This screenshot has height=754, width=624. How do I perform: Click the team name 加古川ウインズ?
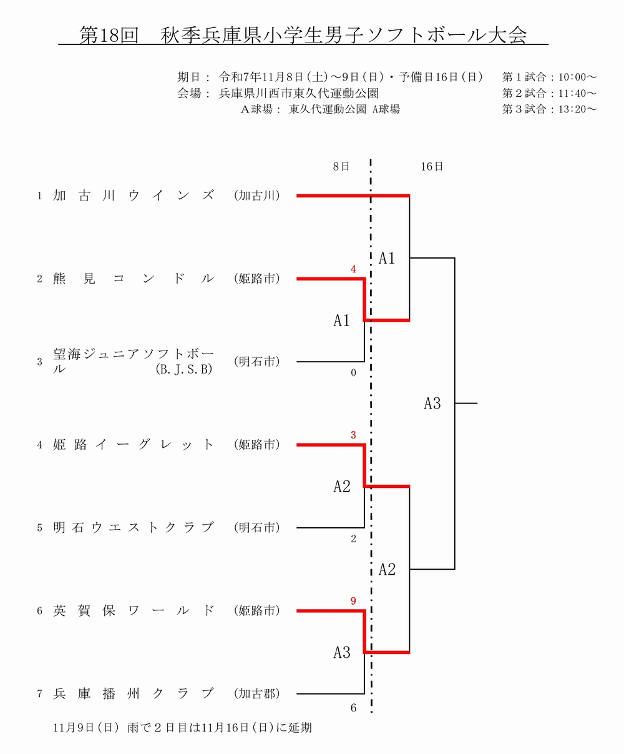pos(134,196)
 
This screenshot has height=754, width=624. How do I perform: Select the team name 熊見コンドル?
pos(134,279)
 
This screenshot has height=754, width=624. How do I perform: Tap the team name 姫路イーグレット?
pos(134,445)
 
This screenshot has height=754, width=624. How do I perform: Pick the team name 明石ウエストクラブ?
pos(134,528)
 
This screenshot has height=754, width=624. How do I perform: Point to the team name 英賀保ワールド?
pos(134,611)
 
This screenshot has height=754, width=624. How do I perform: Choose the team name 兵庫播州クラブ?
pos(134,693)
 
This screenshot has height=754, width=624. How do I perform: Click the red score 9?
pos(353,602)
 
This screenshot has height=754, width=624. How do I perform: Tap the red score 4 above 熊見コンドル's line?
pos(353,269)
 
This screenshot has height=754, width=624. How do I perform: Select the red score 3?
pos(353,435)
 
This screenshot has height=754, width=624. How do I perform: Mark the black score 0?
pos(353,373)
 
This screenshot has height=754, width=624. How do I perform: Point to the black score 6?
pos(353,708)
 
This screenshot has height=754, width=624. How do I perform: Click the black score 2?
pos(353,539)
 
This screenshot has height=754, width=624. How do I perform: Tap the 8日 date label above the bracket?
pos(341,167)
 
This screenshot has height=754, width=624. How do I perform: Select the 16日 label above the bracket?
pos(432,167)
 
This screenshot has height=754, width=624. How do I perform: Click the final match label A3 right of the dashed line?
pos(432,404)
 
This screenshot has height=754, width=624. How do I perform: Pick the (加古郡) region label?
pos(256,693)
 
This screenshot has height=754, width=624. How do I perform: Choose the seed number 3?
pos(39,362)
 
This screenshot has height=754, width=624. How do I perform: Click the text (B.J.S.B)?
pos(184,370)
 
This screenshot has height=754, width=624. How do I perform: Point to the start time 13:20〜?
pos(577,109)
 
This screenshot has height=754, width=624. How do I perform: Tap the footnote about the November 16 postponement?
pos(182,728)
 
